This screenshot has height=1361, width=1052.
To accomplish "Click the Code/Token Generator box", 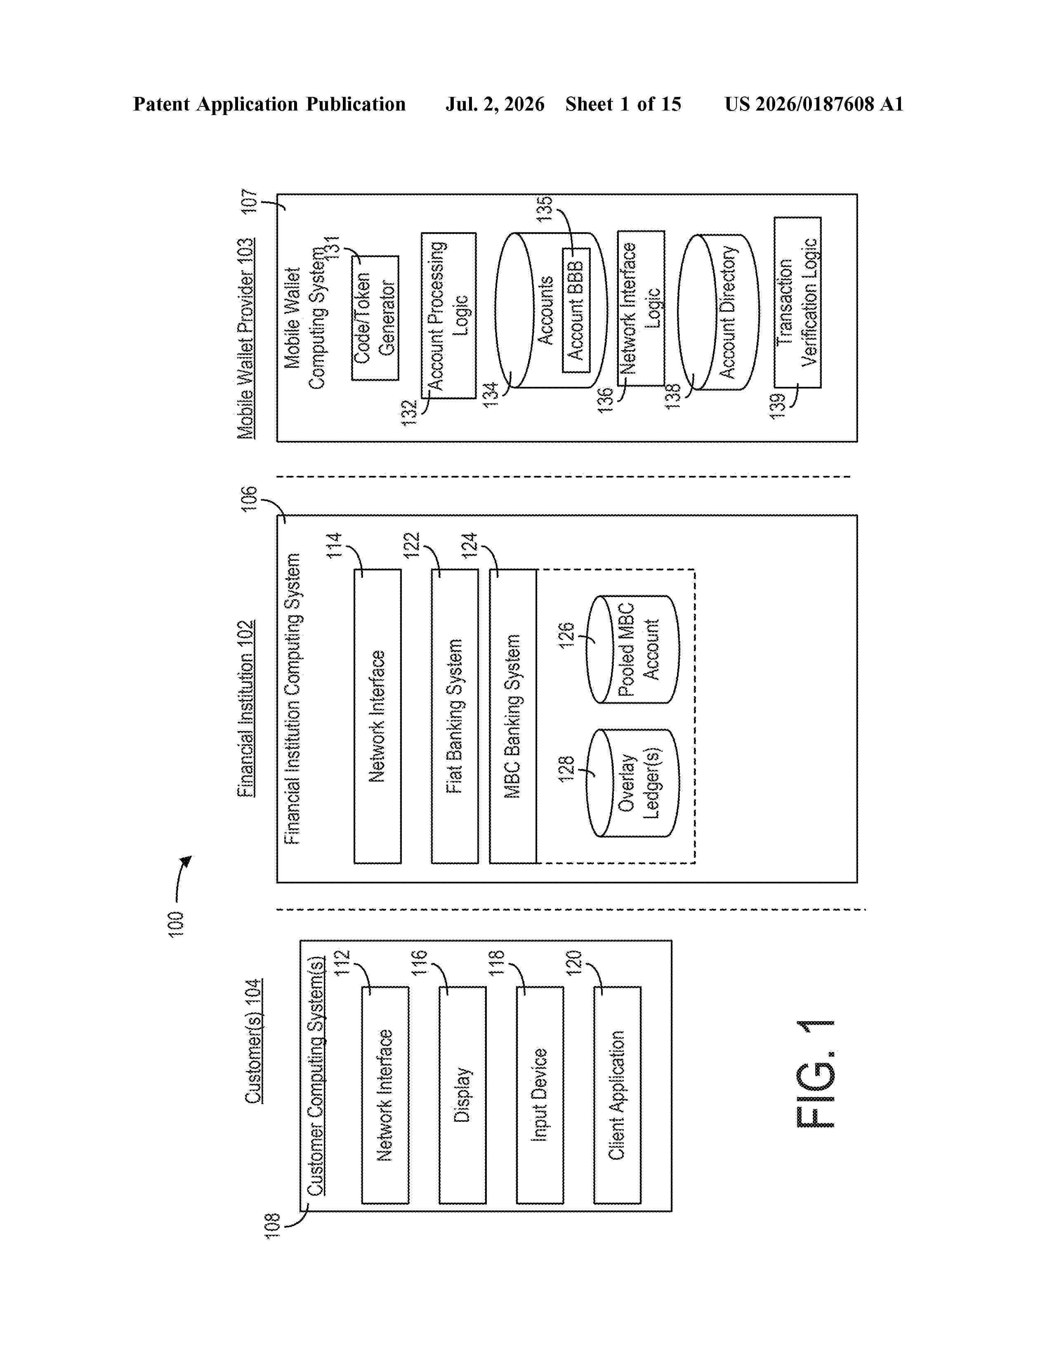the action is coord(375,318).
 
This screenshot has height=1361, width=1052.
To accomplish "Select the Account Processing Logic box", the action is coord(449,316).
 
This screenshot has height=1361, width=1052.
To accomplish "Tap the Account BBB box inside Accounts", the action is coord(576,310).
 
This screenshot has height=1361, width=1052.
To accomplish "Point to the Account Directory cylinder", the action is coord(718,311).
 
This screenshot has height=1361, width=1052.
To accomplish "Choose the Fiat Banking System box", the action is coord(455,716).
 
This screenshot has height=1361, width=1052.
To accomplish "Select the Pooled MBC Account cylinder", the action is coord(632,649).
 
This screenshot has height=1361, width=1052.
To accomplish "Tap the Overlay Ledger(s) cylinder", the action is coord(632,783).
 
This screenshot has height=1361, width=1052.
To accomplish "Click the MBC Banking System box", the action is coord(513,716).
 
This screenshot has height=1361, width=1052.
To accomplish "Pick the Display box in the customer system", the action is coord(462,1095).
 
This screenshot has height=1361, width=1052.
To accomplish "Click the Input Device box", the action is coord(540,1095).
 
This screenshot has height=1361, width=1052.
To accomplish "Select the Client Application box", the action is coord(617,1095).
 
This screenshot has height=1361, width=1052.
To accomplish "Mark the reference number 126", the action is coord(566,635).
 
